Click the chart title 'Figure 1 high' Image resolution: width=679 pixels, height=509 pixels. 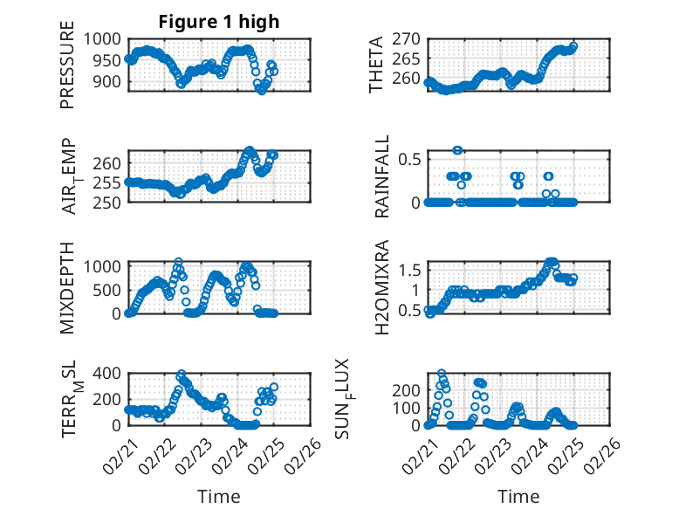tap(218, 22)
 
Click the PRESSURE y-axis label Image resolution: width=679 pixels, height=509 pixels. tap(67, 70)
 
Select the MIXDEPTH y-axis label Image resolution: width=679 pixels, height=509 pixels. tap(67, 287)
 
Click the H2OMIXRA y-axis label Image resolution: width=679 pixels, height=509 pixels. tap(381, 287)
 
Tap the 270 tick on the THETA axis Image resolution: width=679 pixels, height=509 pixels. tap(409, 38)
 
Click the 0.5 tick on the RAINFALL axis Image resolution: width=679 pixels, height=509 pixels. tap(410, 159)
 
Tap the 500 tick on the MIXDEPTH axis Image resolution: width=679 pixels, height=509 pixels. tap(112, 289)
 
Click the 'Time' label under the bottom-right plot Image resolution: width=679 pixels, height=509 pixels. tap(518, 496)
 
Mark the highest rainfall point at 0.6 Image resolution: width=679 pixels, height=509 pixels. tap(457, 150)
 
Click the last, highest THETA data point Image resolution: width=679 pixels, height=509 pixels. tap(573, 46)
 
